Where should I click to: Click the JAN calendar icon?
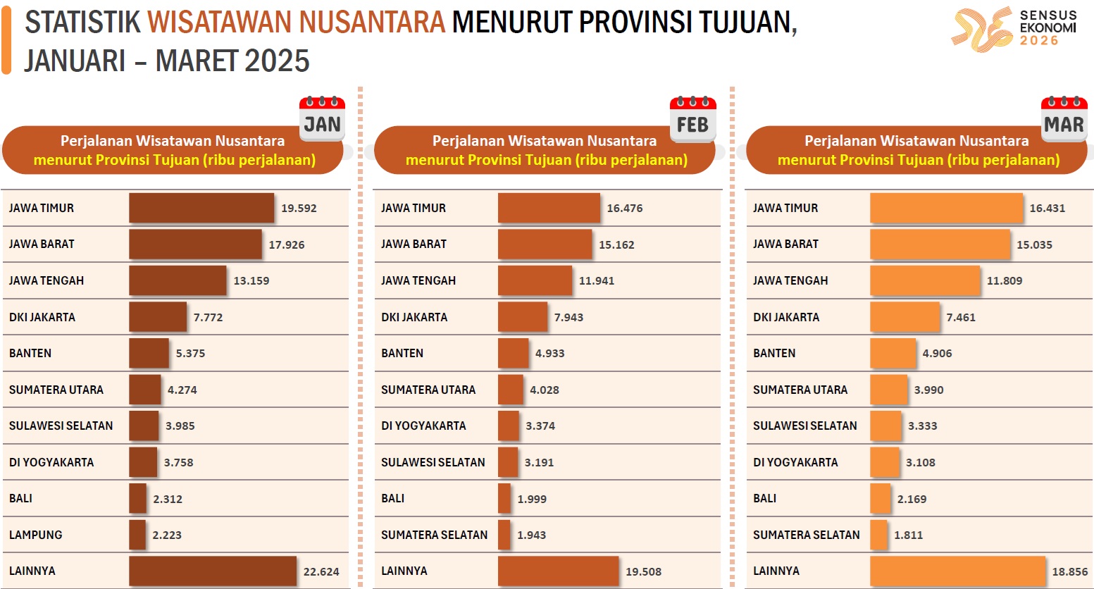322,118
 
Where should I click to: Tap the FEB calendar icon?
692,118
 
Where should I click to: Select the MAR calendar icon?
1064,118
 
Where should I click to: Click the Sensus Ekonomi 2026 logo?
1014,29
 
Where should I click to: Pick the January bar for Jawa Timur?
201,208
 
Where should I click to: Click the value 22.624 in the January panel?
321,571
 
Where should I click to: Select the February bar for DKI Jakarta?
523,317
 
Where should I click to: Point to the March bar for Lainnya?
957,571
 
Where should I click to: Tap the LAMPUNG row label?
36,535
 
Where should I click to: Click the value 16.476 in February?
625,208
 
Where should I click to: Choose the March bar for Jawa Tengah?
925,280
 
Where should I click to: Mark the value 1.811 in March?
908,535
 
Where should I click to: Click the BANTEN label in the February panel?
402,353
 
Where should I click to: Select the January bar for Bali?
137,498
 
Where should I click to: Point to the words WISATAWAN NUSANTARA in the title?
297,23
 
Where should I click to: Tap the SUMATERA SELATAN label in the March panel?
807,535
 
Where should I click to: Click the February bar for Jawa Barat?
545,244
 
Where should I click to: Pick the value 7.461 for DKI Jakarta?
961,317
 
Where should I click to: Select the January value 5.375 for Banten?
190,353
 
